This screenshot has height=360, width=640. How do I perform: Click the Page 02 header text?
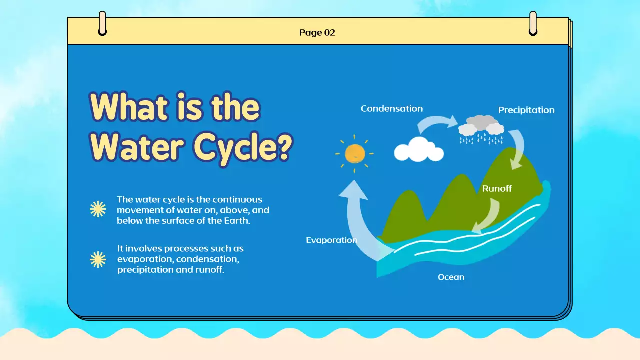click(317, 33)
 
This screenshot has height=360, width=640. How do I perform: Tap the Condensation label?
click(392, 109)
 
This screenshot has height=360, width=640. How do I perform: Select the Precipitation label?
click(526, 110)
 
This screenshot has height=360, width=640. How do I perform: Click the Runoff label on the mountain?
click(497, 188)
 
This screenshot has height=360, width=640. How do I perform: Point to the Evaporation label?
click(331, 240)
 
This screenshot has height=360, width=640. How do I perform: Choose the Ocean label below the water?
click(451, 277)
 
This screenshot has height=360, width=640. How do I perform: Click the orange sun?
click(355, 154)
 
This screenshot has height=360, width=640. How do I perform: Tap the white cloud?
click(419, 150)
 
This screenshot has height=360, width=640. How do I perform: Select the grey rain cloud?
click(481, 125)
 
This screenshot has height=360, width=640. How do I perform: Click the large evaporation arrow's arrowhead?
click(353, 189)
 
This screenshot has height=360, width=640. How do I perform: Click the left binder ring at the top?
click(102, 23)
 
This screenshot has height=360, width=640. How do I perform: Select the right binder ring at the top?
click(533, 23)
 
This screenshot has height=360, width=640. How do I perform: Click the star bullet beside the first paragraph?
click(98, 209)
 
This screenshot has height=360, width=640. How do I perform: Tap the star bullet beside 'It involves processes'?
click(98, 259)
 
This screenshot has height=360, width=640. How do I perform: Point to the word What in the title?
click(128, 107)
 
